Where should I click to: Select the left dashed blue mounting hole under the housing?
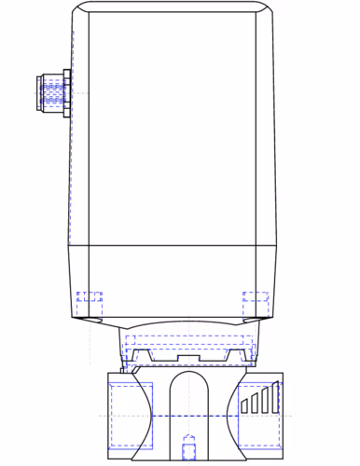[x=90, y=302]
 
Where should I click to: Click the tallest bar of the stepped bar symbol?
[x=274, y=398]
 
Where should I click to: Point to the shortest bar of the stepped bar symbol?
[x=244, y=405]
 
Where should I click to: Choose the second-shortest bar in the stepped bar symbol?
[x=254, y=404]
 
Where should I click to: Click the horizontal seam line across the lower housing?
[x=173, y=245]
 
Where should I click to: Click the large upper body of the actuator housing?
[x=173, y=130]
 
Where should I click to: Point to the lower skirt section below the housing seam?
[x=173, y=280]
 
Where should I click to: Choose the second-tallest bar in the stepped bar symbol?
[x=264, y=401]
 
